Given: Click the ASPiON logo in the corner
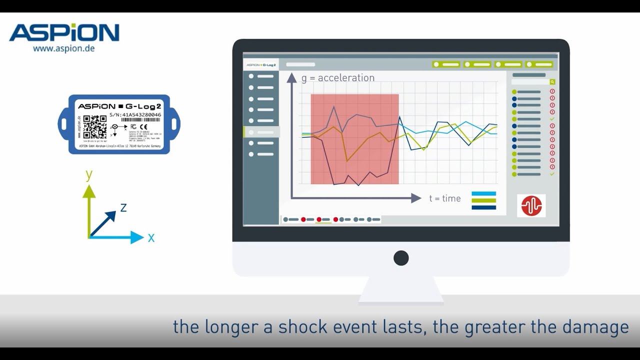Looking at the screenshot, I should coord(64,32).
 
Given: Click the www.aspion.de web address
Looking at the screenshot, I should coord(63,48).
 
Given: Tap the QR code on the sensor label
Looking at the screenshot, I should coord(94,127).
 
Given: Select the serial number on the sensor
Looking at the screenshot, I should coord(135,114).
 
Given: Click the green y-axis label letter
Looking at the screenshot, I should coord(89,175).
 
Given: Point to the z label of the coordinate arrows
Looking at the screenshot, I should coord(123,207).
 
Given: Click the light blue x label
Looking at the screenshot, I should coord(151,238).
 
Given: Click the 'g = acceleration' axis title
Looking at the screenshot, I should coord(338,78).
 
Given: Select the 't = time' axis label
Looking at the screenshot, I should coord(445,198).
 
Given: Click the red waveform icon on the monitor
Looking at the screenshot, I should coord(531,205).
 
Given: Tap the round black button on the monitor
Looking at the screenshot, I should coord(401,258).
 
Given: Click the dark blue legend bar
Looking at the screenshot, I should coord(483,207).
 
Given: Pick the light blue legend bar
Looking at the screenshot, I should coord(483,193).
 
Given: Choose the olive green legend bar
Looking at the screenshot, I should coord(483,200).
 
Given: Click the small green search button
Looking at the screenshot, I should coord(552,81).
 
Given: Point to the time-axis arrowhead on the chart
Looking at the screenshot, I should coord(416,198).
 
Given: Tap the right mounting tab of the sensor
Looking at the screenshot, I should coord(175,123).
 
